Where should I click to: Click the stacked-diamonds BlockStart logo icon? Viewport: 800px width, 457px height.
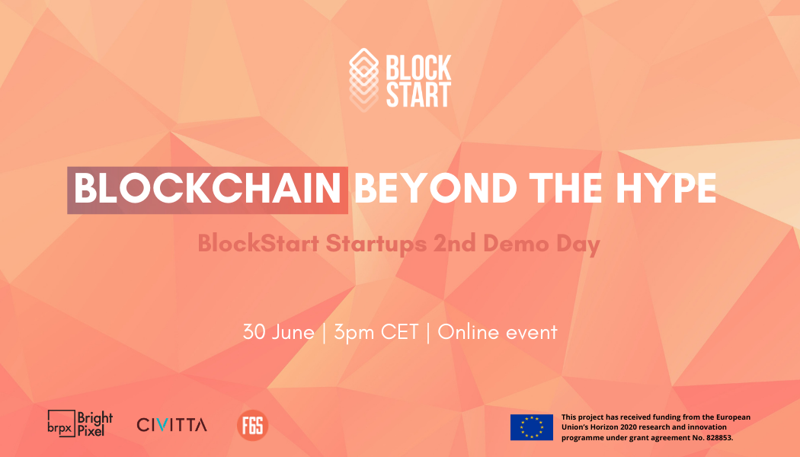click(363, 80)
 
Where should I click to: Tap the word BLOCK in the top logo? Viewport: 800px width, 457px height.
click(418, 68)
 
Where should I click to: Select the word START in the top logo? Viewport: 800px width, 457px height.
click(418, 94)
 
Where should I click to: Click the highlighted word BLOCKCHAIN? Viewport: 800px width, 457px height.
click(207, 189)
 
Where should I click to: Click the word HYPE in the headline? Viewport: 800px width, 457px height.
click(666, 189)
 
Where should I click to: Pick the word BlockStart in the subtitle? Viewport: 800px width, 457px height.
click(259, 243)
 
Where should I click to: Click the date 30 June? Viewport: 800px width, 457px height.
click(279, 333)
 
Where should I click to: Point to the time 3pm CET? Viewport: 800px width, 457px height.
click(376, 333)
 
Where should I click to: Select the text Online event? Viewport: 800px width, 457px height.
click(498, 333)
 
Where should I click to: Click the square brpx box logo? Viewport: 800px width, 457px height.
click(61, 423)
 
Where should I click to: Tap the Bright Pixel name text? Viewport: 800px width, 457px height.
click(95, 423)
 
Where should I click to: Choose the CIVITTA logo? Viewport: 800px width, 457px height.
click(172, 425)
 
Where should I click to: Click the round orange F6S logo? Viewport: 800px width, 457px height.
click(252, 425)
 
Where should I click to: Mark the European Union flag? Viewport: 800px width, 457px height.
click(532, 427)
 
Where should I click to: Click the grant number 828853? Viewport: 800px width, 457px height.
click(718, 438)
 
